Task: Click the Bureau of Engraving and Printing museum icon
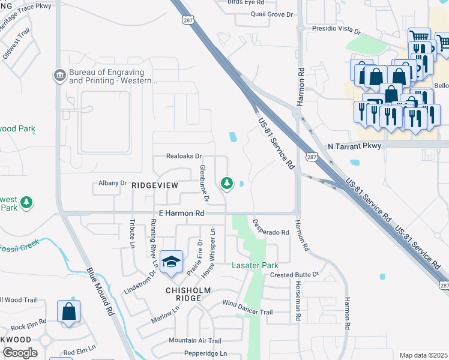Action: (60, 75)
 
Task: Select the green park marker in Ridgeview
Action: (226, 182)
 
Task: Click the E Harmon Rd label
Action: (181, 213)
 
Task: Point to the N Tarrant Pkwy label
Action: (354, 146)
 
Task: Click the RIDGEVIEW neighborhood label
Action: (155, 186)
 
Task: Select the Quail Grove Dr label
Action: (271, 13)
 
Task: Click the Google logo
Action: (20, 353)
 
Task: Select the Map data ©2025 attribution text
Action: (423, 355)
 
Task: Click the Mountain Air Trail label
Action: (195, 340)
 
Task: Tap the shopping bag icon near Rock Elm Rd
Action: (69, 312)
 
